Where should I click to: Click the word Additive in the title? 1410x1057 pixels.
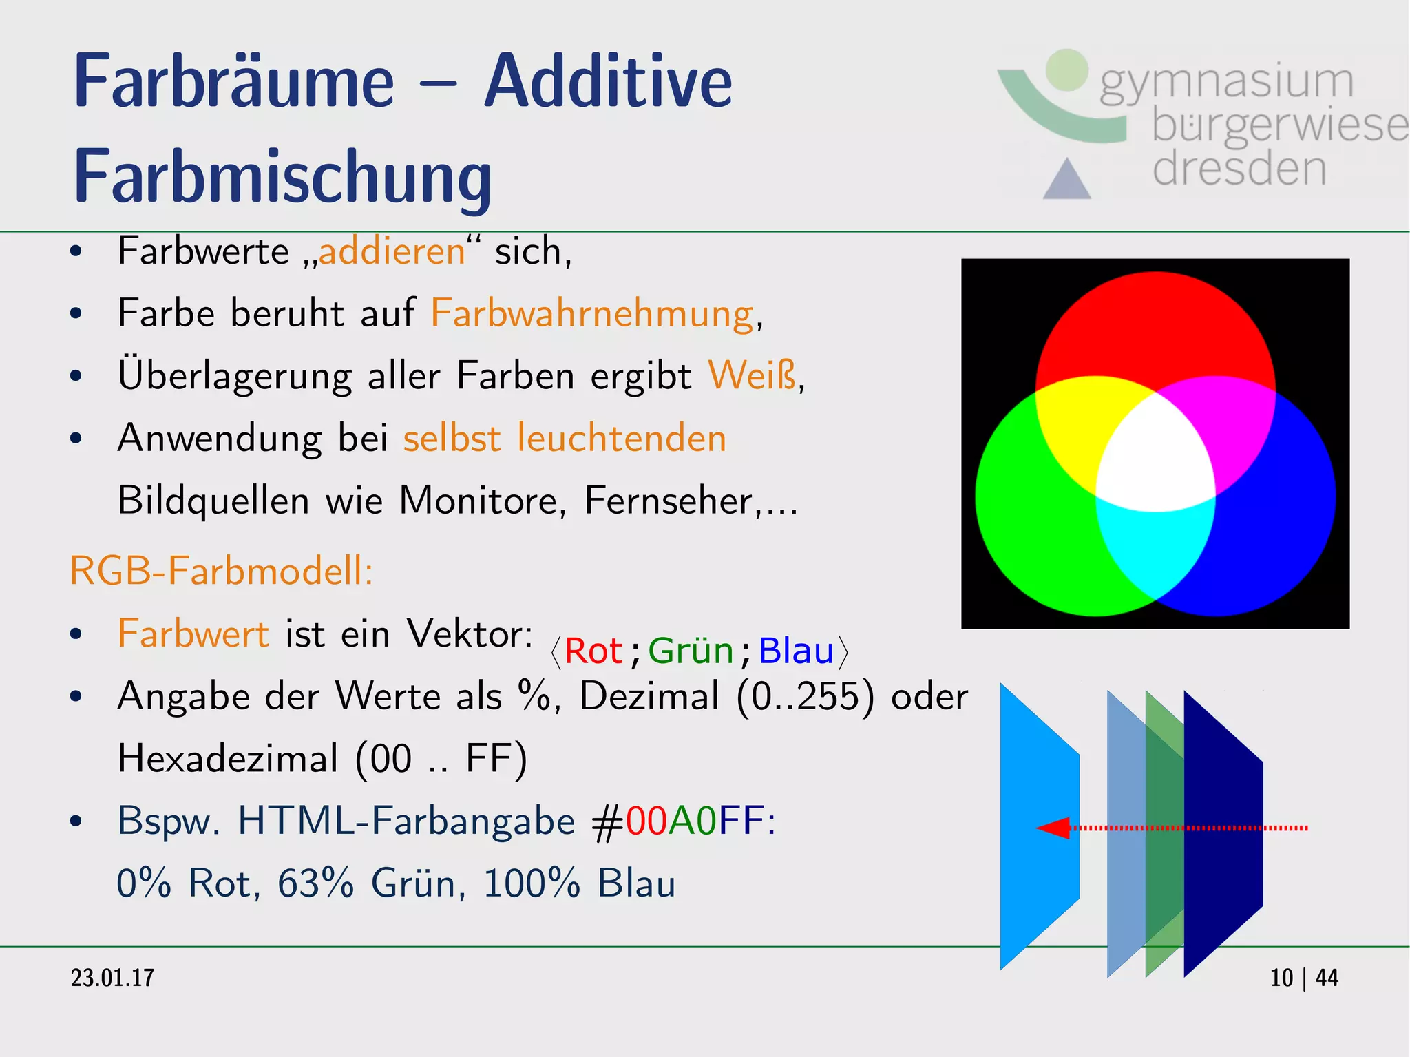click(608, 83)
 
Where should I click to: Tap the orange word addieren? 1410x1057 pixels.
click(392, 251)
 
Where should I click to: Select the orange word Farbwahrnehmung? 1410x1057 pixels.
click(593, 313)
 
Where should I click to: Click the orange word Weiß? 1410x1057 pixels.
click(752, 375)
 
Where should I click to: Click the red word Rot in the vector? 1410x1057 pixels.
click(593, 651)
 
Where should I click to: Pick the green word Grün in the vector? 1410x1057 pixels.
click(691, 651)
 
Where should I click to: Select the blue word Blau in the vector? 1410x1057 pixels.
click(796, 651)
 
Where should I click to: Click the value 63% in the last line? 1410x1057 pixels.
click(315, 883)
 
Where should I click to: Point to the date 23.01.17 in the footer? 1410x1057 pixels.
click(113, 978)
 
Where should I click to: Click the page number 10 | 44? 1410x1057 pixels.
click(1303, 978)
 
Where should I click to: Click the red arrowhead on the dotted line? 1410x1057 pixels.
click(1053, 828)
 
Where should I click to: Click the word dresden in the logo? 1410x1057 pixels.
click(1239, 169)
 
